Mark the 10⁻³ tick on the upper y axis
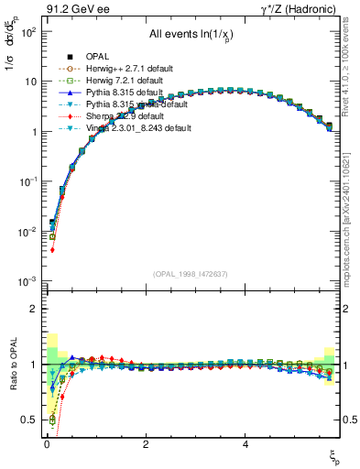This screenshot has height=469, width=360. coord(26,280)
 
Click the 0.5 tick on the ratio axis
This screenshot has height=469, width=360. coord(29,420)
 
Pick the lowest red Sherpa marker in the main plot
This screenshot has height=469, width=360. coord(53,249)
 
